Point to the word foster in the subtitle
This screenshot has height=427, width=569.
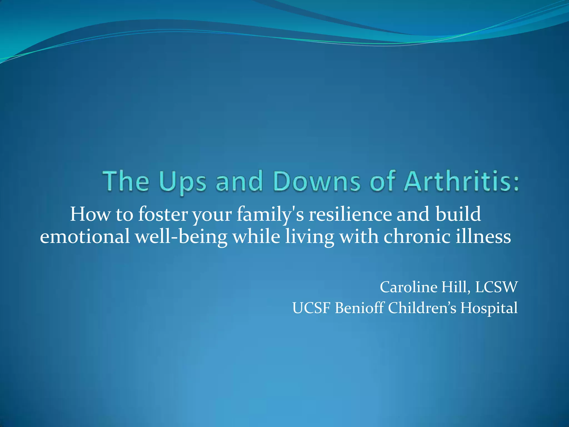pyautogui.click(x=163, y=214)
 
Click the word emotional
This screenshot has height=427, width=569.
pyautogui.click(x=85, y=237)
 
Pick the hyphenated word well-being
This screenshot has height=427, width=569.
pyautogui.click(x=181, y=237)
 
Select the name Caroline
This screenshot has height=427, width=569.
pyautogui.click(x=409, y=287)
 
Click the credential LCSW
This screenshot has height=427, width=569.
pyautogui.click(x=496, y=287)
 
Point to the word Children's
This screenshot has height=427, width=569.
pyautogui.click(x=422, y=308)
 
